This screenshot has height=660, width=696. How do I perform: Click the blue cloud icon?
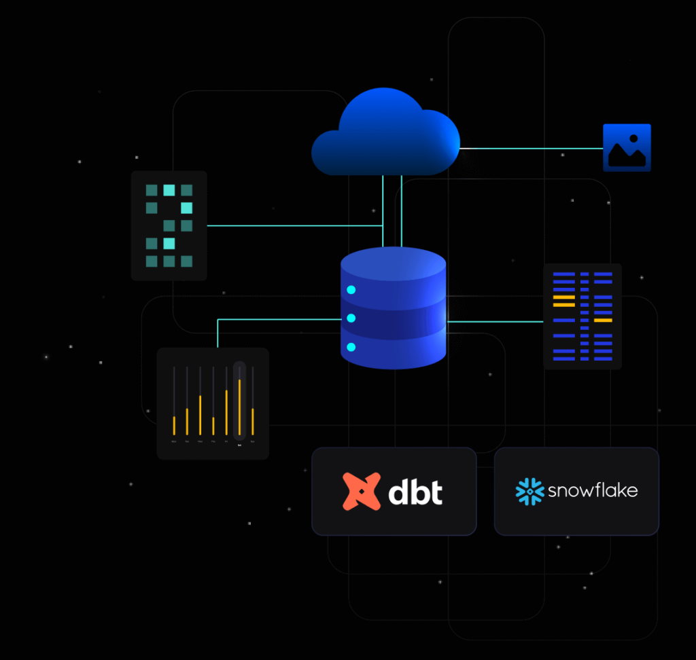pos(385,134)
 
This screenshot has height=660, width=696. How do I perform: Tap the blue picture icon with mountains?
pos(627,147)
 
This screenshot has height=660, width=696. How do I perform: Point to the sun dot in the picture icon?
pos(633,139)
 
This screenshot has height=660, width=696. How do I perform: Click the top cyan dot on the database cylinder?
pos(351,290)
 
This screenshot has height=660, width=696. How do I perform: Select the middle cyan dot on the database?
pos(351,318)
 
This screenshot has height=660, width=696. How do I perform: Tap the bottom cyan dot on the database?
pos(351,347)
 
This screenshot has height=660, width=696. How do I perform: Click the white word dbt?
pos(415,492)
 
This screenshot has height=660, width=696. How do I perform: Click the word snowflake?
pos(593,490)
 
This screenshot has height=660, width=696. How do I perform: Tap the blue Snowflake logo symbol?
pos(529,491)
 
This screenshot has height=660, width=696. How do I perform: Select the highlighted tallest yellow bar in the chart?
pos(239,407)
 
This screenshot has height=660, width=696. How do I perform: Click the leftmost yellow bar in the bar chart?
pos(174,425)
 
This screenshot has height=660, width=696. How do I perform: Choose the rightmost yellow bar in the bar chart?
pos(253,421)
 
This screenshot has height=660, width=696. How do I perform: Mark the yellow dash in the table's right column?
pos(603,320)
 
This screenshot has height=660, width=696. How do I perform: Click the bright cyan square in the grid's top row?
pos(169,190)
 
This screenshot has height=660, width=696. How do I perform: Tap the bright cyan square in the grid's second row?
pos(186,208)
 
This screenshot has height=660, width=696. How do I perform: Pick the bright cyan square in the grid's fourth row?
pos(169,243)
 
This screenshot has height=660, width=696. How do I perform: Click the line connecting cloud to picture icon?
pos(530,148)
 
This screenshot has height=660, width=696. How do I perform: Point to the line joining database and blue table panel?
pos(494,320)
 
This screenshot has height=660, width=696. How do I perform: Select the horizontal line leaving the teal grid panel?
pos(292,225)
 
